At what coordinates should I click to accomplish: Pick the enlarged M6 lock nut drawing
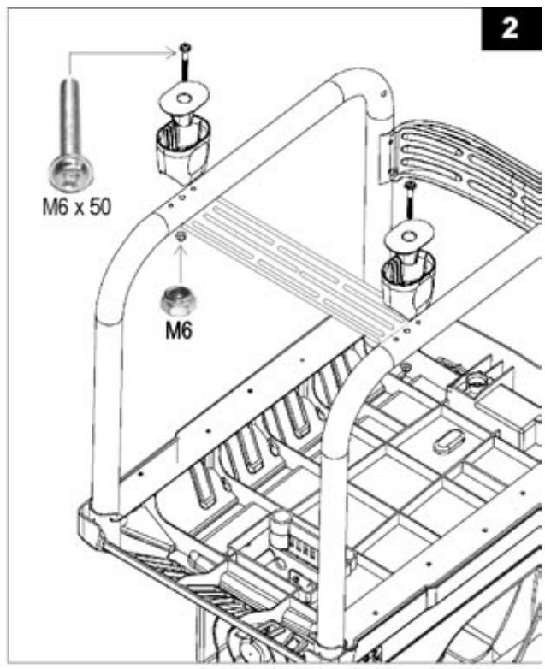tap(178, 300)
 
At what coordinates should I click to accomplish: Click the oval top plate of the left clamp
tap(185, 99)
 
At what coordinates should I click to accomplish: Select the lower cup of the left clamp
tap(183, 152)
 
